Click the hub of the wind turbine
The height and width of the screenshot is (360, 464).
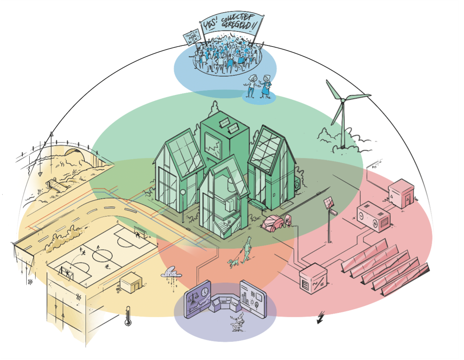(343, 100)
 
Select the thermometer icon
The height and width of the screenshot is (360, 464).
(128, 316)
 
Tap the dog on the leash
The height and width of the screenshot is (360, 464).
(233, 263)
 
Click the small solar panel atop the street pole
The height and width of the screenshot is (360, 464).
(328, 203)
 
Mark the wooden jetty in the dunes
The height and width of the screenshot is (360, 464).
(58, 185)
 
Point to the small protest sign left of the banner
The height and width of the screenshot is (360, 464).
(191, 38)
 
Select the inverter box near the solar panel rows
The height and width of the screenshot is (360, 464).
(313, 278)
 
